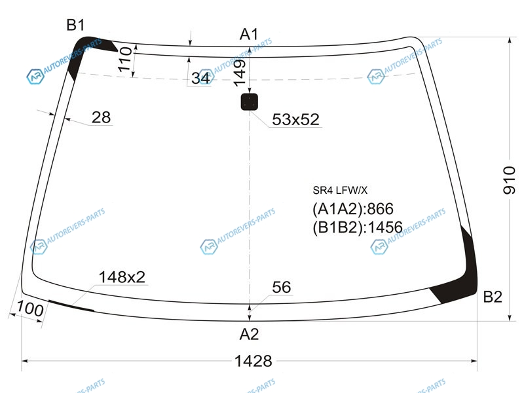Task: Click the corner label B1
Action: click(x=75, y=25)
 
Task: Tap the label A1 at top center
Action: click(x=249, y=34)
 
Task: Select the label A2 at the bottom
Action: click(x=249, y=334)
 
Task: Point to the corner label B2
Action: click(x=493, y=297)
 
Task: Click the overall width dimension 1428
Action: click(x=253, y=361)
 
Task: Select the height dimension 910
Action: click(x=509, y=179)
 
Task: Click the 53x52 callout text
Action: click(x=296, y=119)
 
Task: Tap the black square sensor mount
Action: click(x=250, y=102)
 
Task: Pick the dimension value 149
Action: click(x=239, y=73)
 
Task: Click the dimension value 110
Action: click(x=124, y=59)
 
